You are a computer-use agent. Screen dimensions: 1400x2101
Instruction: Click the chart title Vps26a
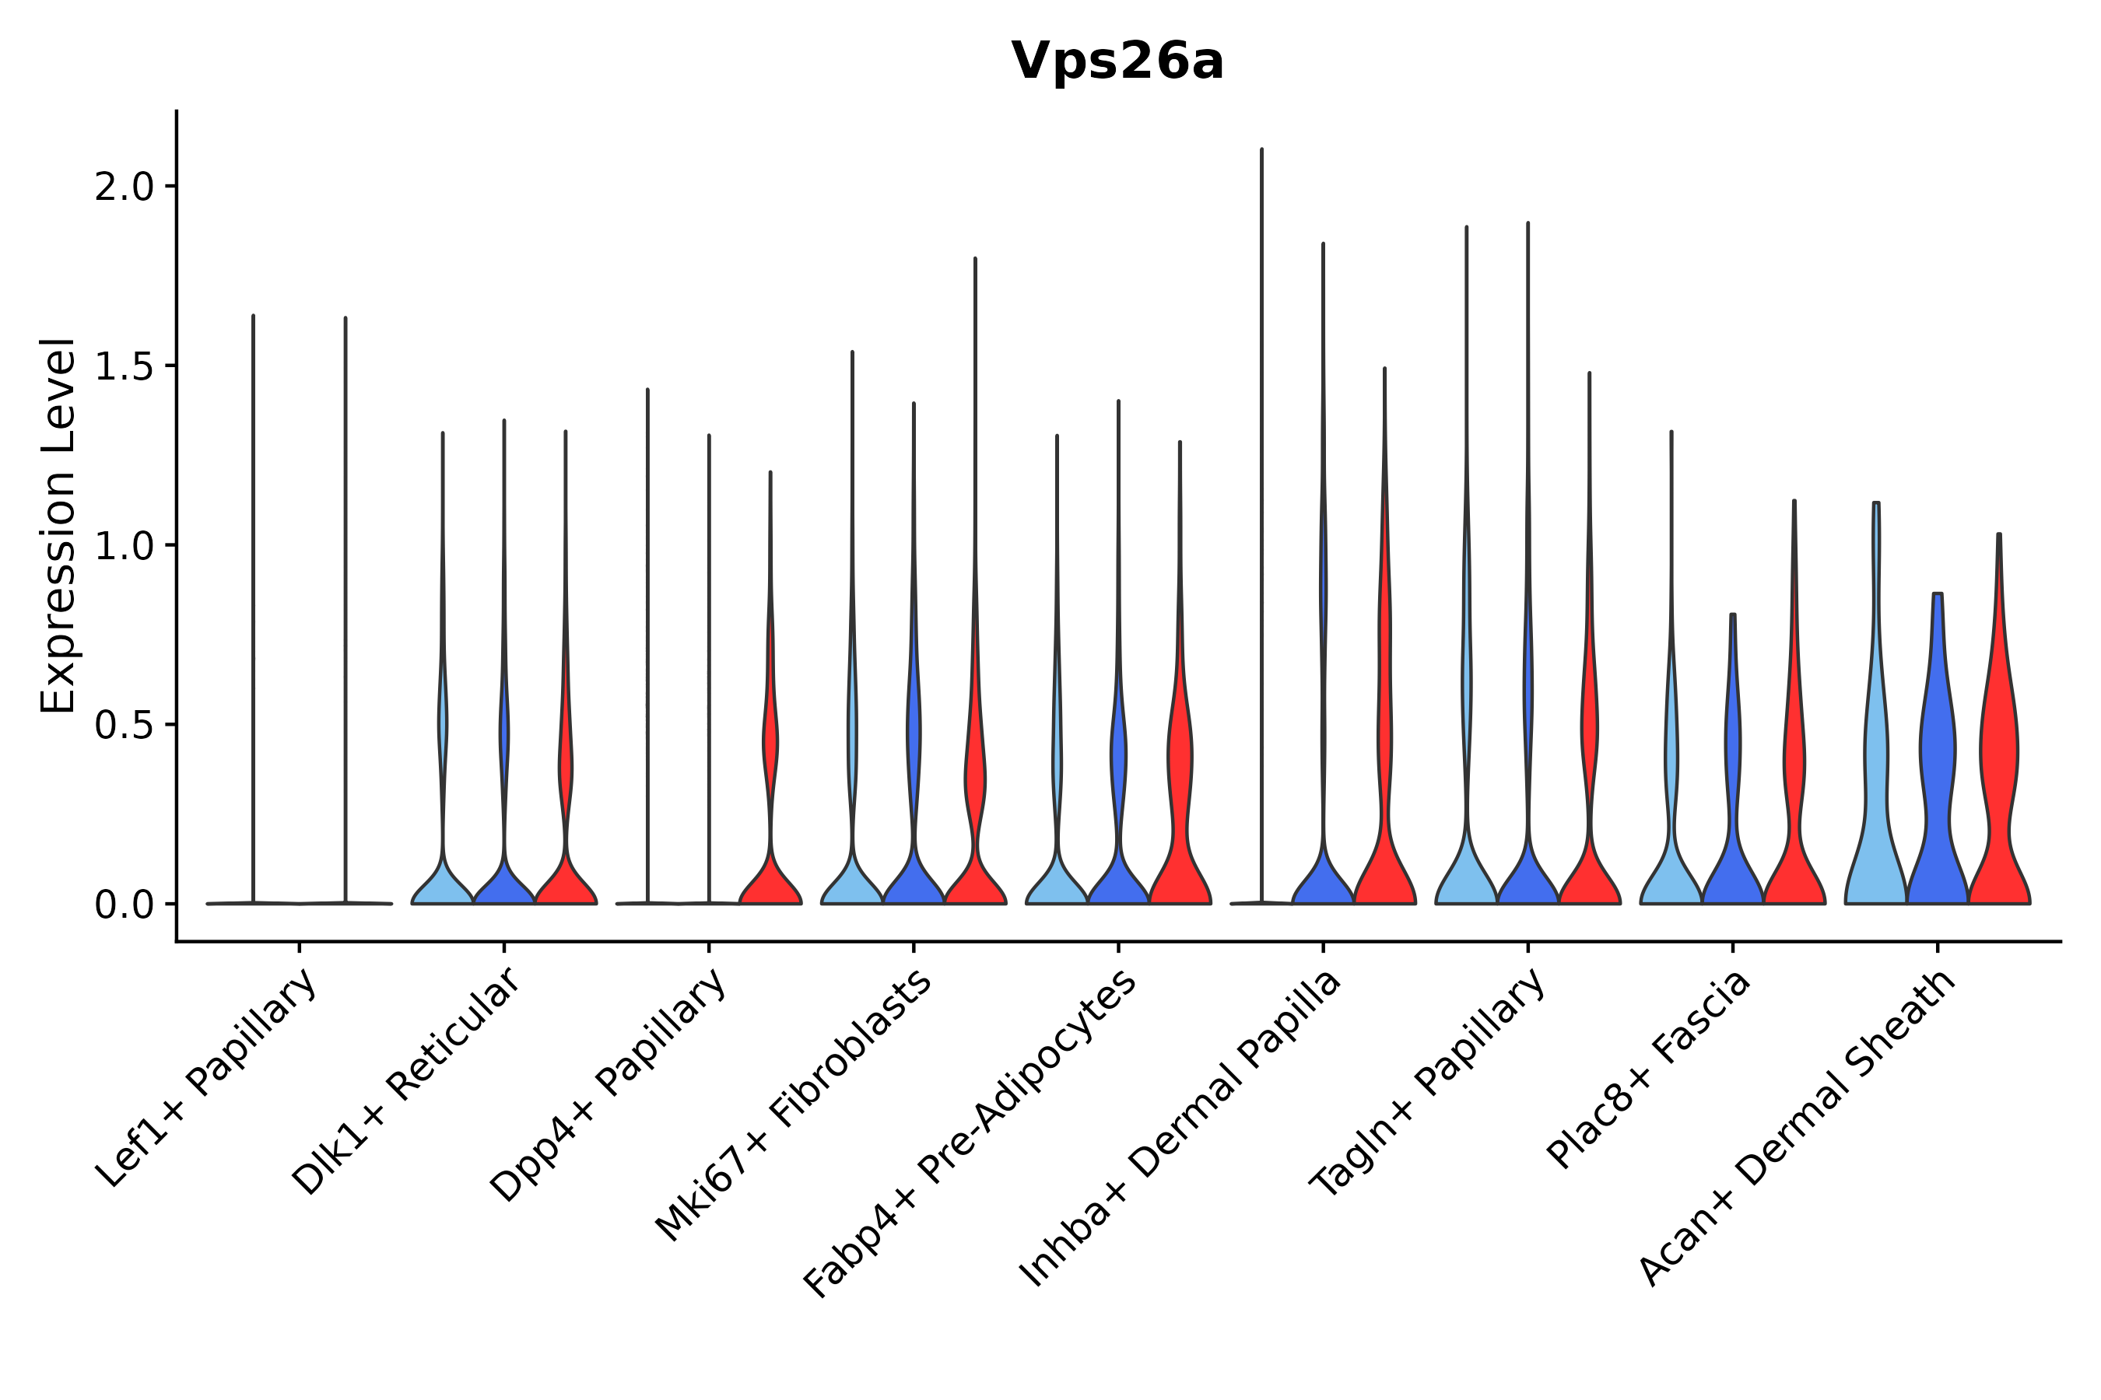[x=1117, y=62]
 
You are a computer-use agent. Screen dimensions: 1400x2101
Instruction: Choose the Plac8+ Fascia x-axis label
[x=1649, y=1069]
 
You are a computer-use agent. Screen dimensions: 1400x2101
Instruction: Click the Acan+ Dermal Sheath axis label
[x=1798, y=1129]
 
